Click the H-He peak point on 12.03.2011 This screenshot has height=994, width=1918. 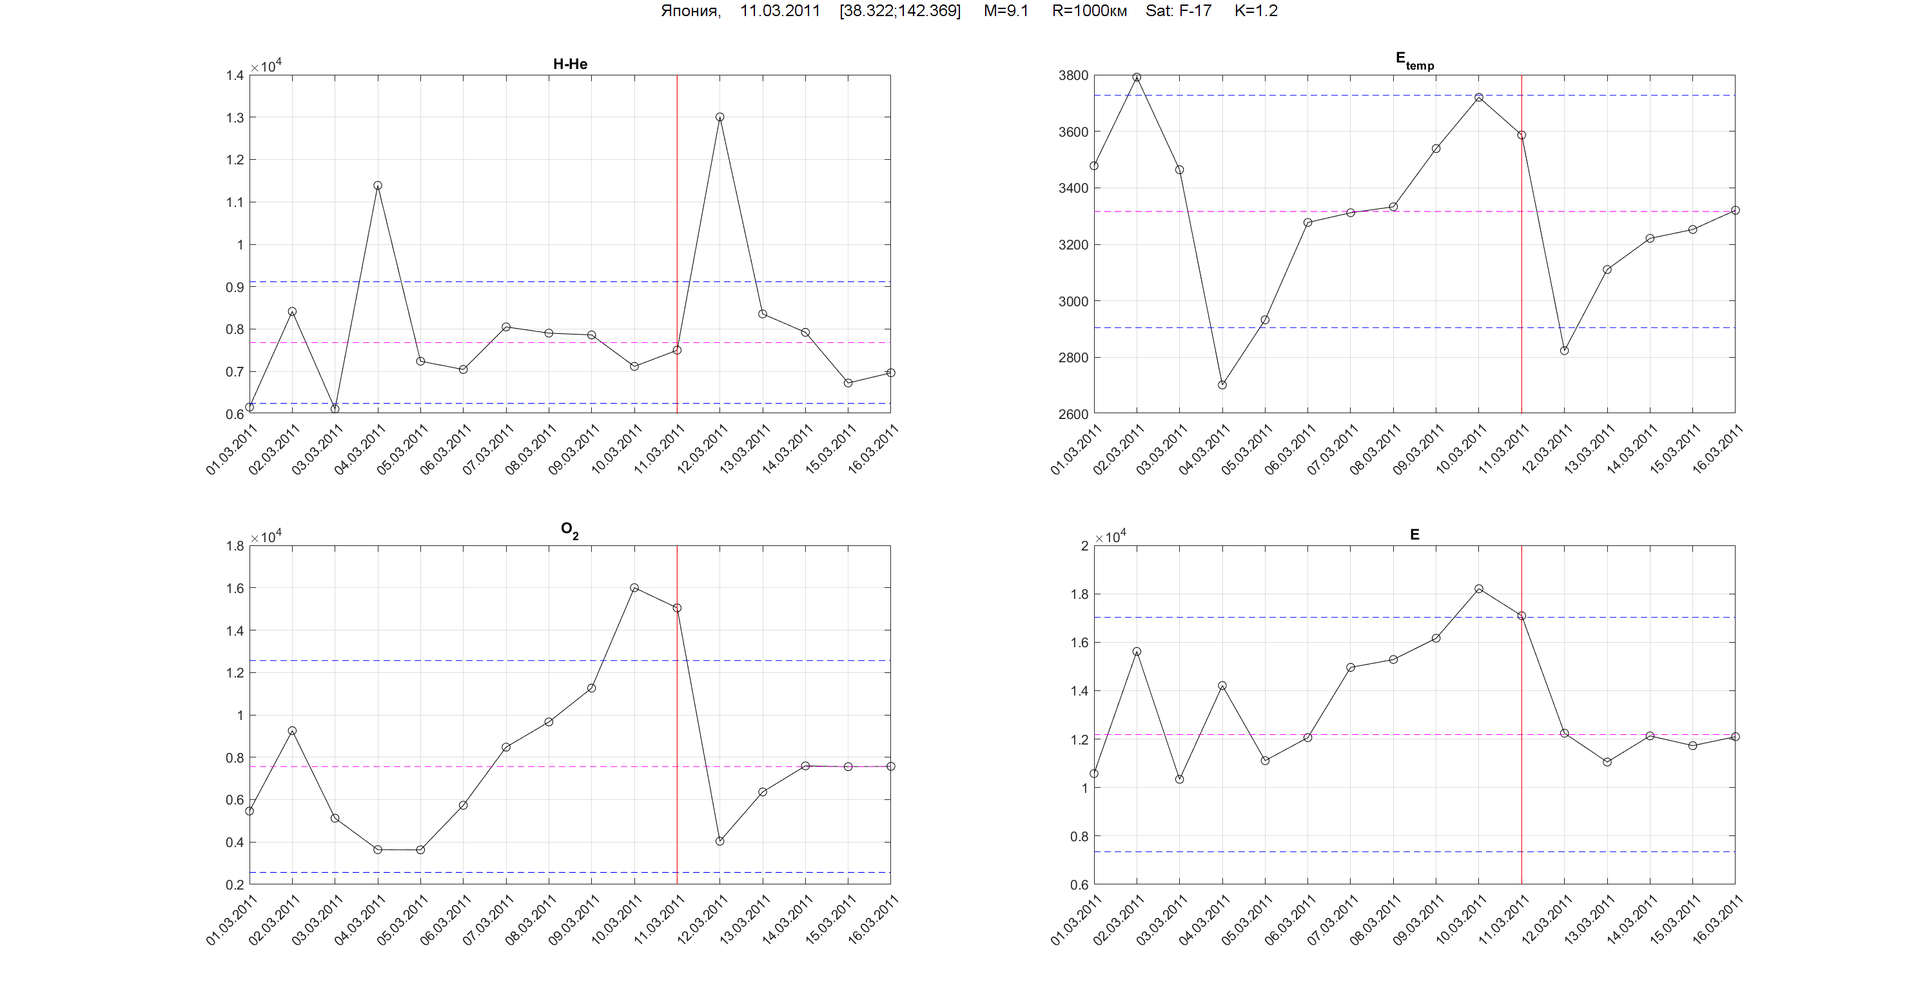click(719, 117)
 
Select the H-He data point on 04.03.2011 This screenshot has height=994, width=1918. click(378, 186)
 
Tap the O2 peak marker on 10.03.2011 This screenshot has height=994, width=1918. click(634, 587)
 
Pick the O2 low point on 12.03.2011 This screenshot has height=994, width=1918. click(719, 841)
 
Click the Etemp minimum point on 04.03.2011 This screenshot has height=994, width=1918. click(1222, 385)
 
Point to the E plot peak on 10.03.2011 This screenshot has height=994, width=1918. click(1479, 589)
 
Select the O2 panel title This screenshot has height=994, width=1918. click(569, 530)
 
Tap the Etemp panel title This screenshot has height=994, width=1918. click(1414, 61)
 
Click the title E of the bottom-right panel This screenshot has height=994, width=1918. click(1414, 534)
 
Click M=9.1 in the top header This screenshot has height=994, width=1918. click(1006, 11)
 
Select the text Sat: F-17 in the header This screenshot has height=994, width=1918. click(1178, 11)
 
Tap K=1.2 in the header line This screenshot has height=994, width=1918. click(1255, 11)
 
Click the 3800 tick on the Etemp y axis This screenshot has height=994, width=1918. click(1073, 75)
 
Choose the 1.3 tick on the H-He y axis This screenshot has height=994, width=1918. click(235, 117)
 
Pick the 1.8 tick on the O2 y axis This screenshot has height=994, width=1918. click(235, 546)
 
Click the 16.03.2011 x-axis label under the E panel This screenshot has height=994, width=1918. click(1717, 921)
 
